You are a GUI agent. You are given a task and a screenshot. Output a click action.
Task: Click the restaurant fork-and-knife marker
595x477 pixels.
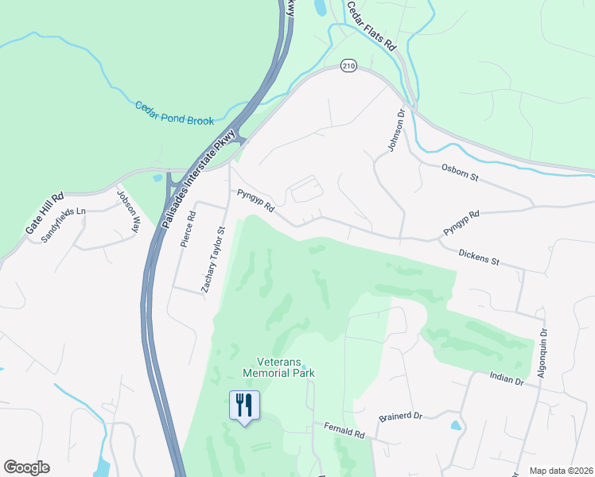[244, 405]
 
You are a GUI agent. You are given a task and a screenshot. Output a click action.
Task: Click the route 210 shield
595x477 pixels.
[348, 65]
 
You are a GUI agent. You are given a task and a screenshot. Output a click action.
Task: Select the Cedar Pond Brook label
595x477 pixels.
[174, 113]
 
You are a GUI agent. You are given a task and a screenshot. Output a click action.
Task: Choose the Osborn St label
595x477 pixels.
[459, 173]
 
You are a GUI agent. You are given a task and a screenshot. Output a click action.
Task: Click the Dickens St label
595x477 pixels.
[478, 257]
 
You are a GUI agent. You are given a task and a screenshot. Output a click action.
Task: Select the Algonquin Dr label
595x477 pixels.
[542, 353]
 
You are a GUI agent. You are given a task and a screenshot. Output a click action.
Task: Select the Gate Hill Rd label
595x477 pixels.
[44, 214]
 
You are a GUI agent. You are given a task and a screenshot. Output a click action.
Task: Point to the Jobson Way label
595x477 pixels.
[128, 207]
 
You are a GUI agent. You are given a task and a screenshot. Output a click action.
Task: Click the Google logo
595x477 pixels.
[26, 467]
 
